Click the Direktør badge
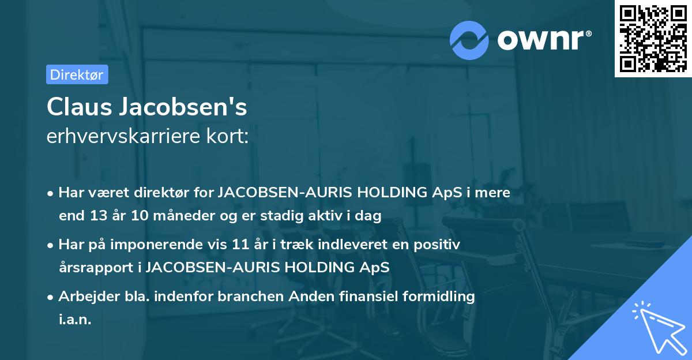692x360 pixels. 77,74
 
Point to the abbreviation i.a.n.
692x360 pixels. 75,320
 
